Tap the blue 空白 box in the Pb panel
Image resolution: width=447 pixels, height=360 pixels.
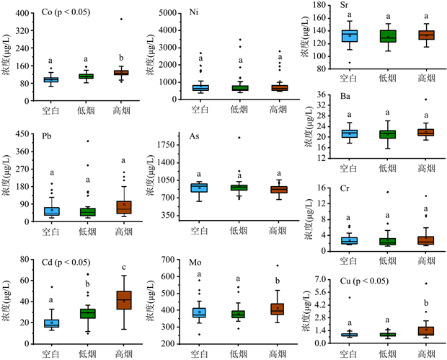tap(51, 211)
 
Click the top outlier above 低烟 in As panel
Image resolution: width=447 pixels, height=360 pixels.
tap(236, 137)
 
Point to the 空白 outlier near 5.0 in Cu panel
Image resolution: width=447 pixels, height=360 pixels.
tap(349, 297)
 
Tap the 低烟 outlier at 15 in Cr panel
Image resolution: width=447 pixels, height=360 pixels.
tap(386, 193)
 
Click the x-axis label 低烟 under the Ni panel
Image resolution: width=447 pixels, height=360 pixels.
tap(236, 109)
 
